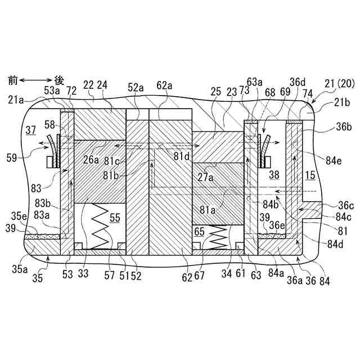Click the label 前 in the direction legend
(12, 80)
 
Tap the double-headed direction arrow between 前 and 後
(36, 80)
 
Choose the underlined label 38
(273, 175)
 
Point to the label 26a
(92, 159)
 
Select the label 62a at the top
(165, 85)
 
